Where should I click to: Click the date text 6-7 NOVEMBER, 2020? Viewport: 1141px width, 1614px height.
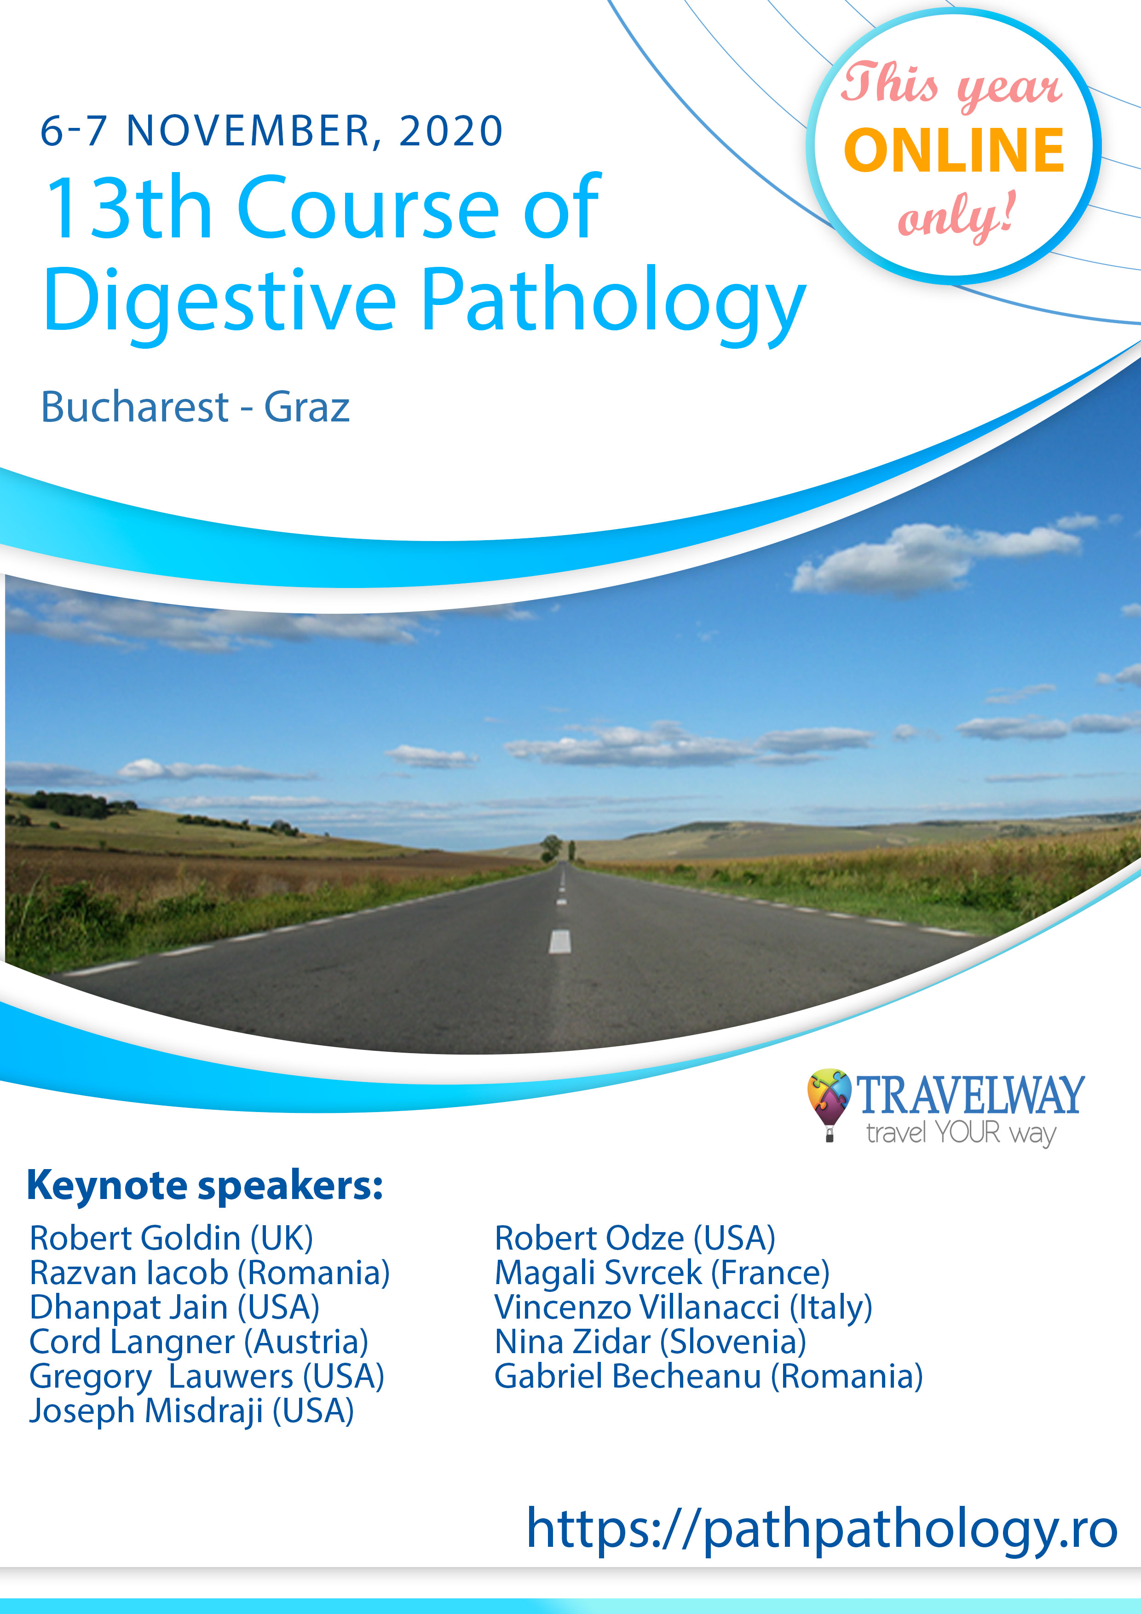pos(271,132)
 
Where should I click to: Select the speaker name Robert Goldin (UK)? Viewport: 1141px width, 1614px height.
pos(171,1238)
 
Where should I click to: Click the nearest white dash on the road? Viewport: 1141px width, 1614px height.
pos(559,941)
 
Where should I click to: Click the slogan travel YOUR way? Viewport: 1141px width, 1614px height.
pos(961,1134)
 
